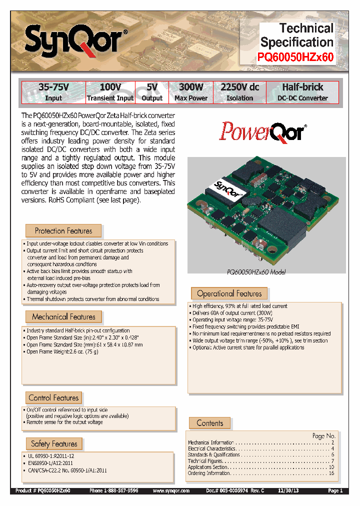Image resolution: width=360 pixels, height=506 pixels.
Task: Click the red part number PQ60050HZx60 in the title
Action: tap(296, 56)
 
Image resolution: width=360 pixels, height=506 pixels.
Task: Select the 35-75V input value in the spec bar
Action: tap(53, 87)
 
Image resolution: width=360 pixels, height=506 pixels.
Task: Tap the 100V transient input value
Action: tap(110, 87)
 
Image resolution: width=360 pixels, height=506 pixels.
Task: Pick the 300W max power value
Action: tap(191, 87)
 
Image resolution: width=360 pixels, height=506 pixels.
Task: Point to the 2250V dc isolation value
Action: tap(239, 87)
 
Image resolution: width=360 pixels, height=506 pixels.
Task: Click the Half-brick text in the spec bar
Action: tap(302, 87)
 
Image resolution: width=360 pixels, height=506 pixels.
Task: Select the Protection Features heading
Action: tap(63, 230)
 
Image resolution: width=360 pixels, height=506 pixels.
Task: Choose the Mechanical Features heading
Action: tap(63, 316)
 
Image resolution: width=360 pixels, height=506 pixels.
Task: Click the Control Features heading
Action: tap(53, 397)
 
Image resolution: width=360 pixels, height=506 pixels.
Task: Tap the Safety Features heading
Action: tap(54, 443)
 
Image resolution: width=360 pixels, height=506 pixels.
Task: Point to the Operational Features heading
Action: tap(229, 293)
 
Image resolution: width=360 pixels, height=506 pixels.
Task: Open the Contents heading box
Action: tap(210, 423)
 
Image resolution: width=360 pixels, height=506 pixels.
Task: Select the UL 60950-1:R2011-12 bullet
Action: tap(49, 456)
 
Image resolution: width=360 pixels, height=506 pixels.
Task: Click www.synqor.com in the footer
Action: tap(171, 491)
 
